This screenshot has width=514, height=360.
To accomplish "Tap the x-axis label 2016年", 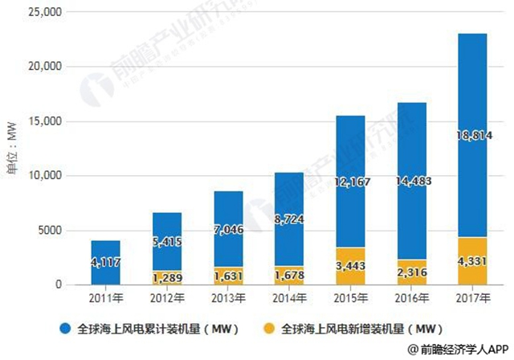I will coord(412,297).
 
